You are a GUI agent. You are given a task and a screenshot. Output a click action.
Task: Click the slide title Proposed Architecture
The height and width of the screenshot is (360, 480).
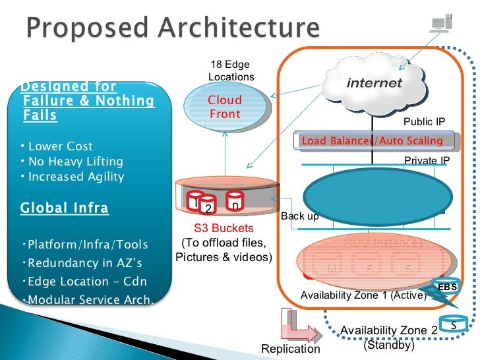coord(173,29)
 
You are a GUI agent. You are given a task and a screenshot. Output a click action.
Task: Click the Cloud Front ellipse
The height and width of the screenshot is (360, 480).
coord(225,107)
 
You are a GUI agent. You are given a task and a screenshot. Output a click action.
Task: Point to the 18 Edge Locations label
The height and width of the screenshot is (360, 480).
coord(231,71)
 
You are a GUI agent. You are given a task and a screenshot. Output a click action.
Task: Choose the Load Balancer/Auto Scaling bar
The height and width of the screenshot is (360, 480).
coord(373,140)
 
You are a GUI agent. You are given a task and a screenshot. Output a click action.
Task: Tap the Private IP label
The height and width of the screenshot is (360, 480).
coord(427,160)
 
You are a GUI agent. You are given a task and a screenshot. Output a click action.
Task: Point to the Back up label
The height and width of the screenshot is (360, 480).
coord(300,216)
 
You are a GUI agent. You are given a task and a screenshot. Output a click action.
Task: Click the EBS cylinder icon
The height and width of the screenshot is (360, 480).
coord(448,287)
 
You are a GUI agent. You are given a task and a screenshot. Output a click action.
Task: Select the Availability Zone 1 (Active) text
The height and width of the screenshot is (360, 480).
coord(363,295)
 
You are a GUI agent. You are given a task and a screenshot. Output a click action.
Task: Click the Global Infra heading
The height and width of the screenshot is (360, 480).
coord(64,208)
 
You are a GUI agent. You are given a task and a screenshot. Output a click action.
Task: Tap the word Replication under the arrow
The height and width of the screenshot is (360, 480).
coord(291,349)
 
